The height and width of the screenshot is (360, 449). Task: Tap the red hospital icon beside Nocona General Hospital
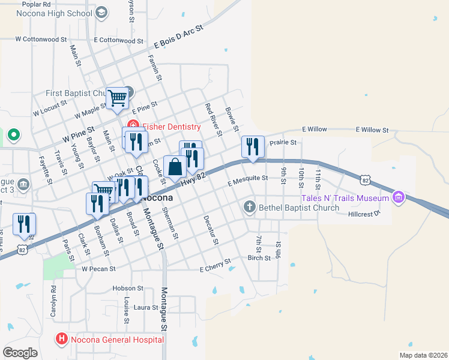click(61, 340)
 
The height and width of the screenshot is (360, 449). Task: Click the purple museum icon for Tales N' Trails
click(397, 197)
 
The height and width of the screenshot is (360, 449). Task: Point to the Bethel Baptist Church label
click(299, 208)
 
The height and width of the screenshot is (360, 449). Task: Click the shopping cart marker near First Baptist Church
click(117, 97)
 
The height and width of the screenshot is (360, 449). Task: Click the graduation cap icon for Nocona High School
click(101, 12)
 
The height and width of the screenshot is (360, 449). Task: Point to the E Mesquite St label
click(247, 178)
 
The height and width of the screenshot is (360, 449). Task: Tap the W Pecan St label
click(98, 269)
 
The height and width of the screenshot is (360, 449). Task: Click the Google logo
click(20, 352)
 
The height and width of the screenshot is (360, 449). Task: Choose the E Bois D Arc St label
click(179, 37)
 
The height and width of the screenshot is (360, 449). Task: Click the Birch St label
click(259, 258)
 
